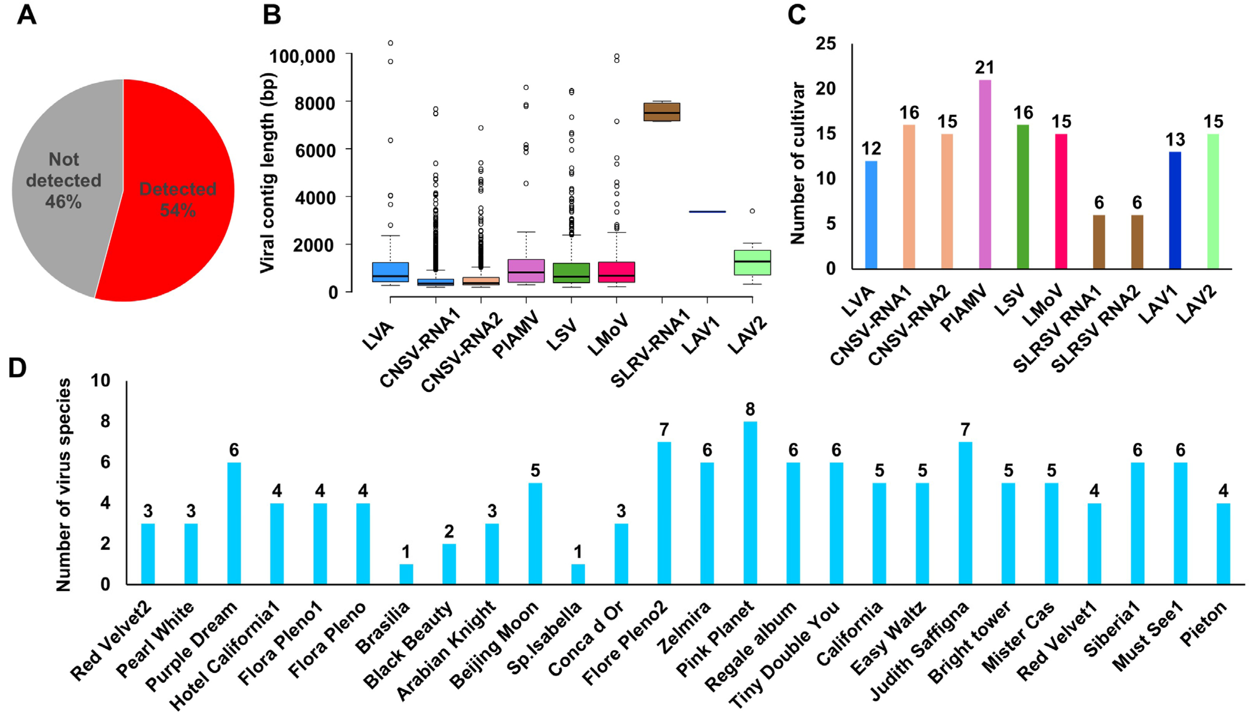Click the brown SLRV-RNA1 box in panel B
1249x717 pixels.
tap(662, 112)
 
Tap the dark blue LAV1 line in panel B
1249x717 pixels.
tap(707, 212)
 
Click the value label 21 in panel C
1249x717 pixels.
tap(985, 67)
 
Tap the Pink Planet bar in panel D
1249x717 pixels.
tap(750, 502)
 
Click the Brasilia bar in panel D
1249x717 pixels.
tap(406, 574)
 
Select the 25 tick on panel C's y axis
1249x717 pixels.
tap(826, 43)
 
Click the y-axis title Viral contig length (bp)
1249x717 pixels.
tap(267, 172)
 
